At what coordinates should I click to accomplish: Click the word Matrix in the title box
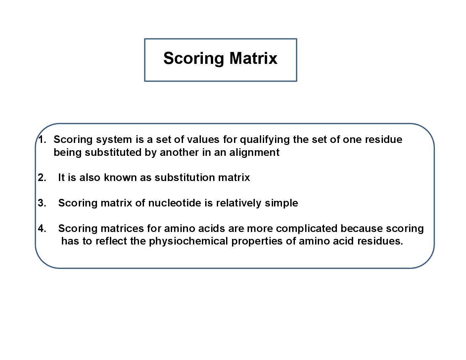253,58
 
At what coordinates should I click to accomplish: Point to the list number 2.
42,178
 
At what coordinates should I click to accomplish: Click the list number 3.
42,203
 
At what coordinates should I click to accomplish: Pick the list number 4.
42,228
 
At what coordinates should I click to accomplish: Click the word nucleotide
175,203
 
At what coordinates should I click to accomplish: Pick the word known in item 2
120,178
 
